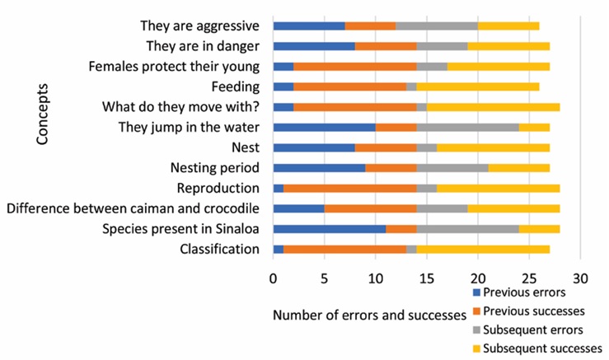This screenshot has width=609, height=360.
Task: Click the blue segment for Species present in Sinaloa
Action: click(329, 228)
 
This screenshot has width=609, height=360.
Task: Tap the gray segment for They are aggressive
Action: click(437, 26)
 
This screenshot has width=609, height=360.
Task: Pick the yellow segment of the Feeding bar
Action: click(478, 86)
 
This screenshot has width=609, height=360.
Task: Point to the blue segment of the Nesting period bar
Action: click(319, 167)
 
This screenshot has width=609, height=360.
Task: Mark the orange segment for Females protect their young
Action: click(354, 66)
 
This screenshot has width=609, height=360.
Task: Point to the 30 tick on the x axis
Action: click(580, 278)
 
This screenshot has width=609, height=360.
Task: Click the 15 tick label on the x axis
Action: click(427, 278)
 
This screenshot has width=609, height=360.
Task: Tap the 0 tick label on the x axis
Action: click(273, 278)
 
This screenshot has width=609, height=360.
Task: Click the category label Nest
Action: click(246, 147)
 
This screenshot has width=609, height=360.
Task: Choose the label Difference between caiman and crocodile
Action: click(134, 208)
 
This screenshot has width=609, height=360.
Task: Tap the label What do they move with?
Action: click(180, 107)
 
